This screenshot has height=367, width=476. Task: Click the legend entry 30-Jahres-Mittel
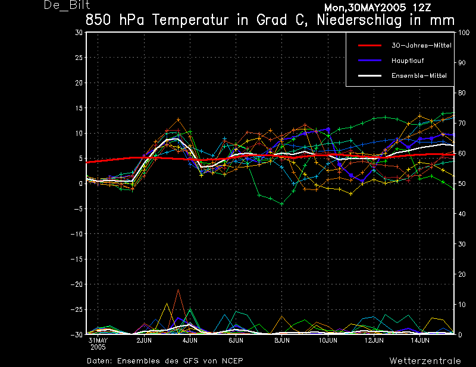click(421, 46)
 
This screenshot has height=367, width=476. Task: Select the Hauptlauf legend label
click(408, 61)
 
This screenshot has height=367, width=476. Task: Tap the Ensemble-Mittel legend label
click(419, 76)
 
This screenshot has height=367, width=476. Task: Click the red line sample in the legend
click(369, 46)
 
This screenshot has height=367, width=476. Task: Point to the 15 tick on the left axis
click(79, 108)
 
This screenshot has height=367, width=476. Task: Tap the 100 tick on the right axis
click(464, 33)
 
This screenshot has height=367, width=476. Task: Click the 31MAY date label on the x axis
click(98, 340)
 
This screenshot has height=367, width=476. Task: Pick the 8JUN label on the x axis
click(281, 340)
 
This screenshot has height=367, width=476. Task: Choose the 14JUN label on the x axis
click(420, 340)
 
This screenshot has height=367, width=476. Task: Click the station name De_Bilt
click(67, 5)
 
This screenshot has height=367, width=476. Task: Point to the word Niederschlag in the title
click(359, 20)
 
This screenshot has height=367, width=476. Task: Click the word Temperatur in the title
click(190, 20)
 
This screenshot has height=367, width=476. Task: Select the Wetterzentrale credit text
click(425, 360)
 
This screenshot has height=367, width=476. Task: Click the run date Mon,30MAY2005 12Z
click(377, 8)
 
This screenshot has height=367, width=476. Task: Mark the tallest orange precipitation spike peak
click(178, 290)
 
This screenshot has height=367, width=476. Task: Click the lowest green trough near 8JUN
click(282, 204)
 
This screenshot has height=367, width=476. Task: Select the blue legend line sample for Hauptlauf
click(369, 61)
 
